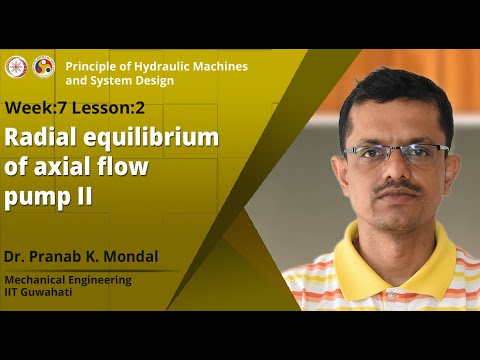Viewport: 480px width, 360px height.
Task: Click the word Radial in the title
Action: click(40, 139)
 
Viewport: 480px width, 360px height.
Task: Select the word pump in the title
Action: click(34, 196)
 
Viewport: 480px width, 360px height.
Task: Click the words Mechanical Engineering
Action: click(68, 280)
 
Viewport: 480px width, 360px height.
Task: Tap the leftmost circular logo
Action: click(15, 67)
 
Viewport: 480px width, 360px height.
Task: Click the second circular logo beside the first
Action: click(44, 67)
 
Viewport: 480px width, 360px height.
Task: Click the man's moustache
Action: click(398, 188)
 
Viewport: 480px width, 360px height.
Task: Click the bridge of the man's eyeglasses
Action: click(396, 152)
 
